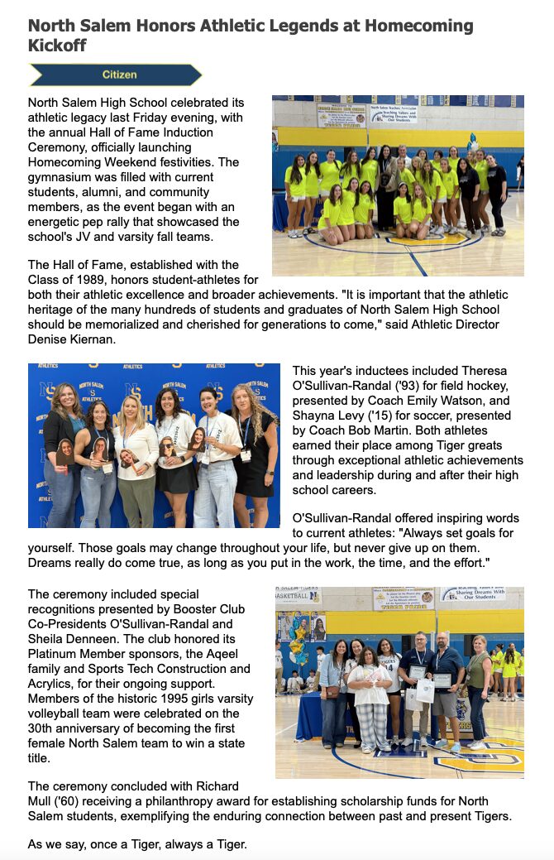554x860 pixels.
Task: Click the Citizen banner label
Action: (x=119, y=74)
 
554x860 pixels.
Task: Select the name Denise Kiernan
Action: (x=69, y=339)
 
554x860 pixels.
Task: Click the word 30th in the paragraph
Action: (x=45, y=728)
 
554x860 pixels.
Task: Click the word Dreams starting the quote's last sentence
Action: (x=52, y=563)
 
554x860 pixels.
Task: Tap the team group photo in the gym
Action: (x=398, y=185)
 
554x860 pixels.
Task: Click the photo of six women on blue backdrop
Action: (x=154, y=445)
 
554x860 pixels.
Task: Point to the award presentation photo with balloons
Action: (x=399, y=683)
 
